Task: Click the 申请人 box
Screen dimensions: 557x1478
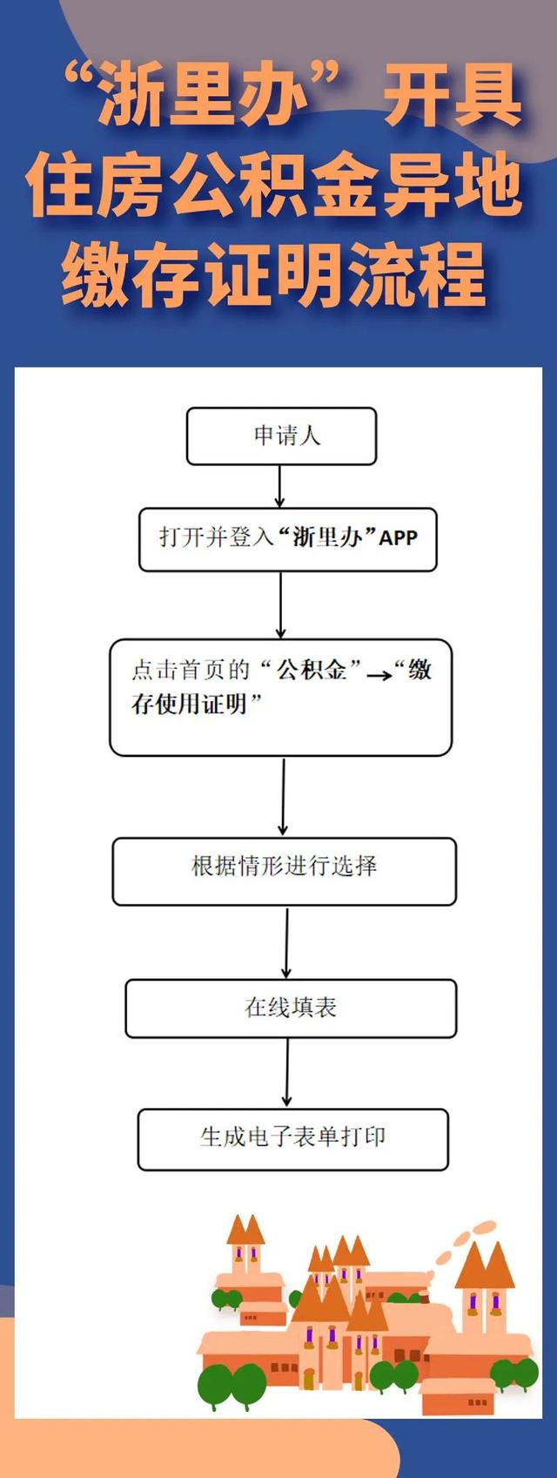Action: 281,436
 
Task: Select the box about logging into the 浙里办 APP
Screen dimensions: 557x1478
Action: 287,539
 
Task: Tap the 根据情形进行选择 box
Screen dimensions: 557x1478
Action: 284,871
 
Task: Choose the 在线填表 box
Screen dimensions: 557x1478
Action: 291,1009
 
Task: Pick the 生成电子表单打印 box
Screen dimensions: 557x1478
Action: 292,1139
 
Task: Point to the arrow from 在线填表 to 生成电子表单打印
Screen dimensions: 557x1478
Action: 286,1073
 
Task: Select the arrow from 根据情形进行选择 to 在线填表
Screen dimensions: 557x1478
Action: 286,942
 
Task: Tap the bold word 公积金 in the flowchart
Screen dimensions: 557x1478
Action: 312,670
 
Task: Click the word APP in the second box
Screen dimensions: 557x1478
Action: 398,537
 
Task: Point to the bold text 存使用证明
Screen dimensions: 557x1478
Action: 189,704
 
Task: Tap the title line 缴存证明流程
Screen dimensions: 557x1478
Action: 274,274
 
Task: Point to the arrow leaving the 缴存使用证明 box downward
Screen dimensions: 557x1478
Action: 284,796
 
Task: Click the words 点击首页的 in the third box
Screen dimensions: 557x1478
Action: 191,670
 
